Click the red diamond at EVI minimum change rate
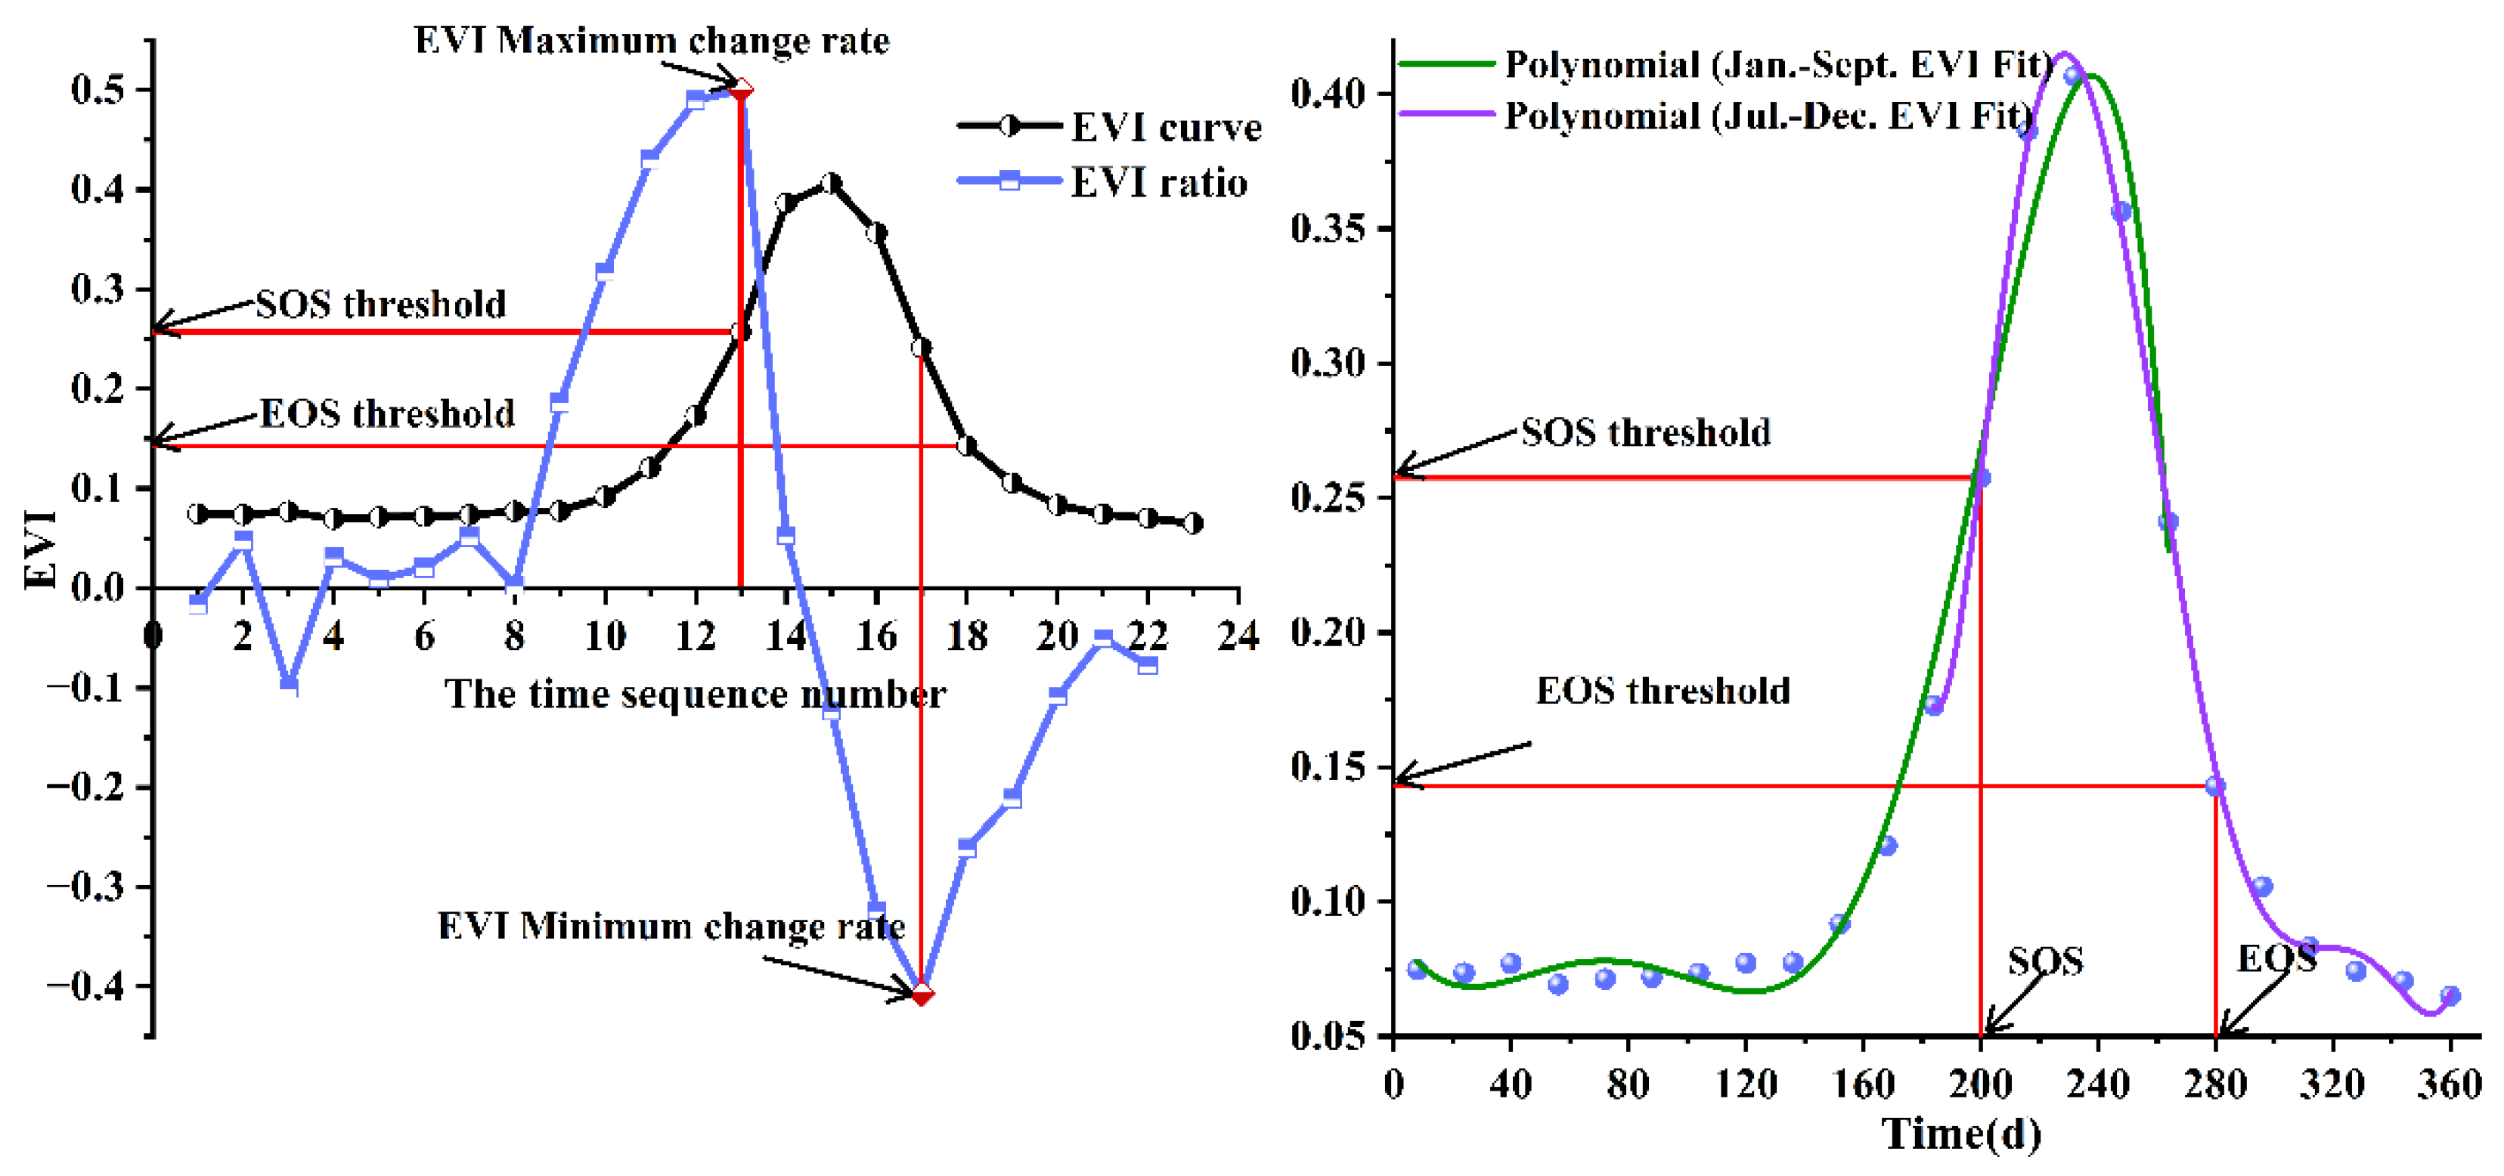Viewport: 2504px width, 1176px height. (x=922, y=993)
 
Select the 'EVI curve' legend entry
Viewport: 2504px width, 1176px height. (x=1164, y=127)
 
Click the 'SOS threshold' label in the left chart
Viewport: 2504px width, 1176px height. (x=380, y=305)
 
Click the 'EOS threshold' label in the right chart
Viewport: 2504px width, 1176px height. (x=1663, y=691)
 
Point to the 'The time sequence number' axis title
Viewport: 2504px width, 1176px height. (x=695, y=694)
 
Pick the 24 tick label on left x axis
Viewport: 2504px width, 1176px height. (x=1238, y=636)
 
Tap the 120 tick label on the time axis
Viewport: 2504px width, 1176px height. (x=1746, y=1084)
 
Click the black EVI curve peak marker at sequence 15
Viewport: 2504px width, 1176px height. (x=830, y=183)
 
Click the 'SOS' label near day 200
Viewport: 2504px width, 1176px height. (x=2045, y=961)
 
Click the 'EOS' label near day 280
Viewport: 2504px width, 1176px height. (x=2276, y=959)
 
